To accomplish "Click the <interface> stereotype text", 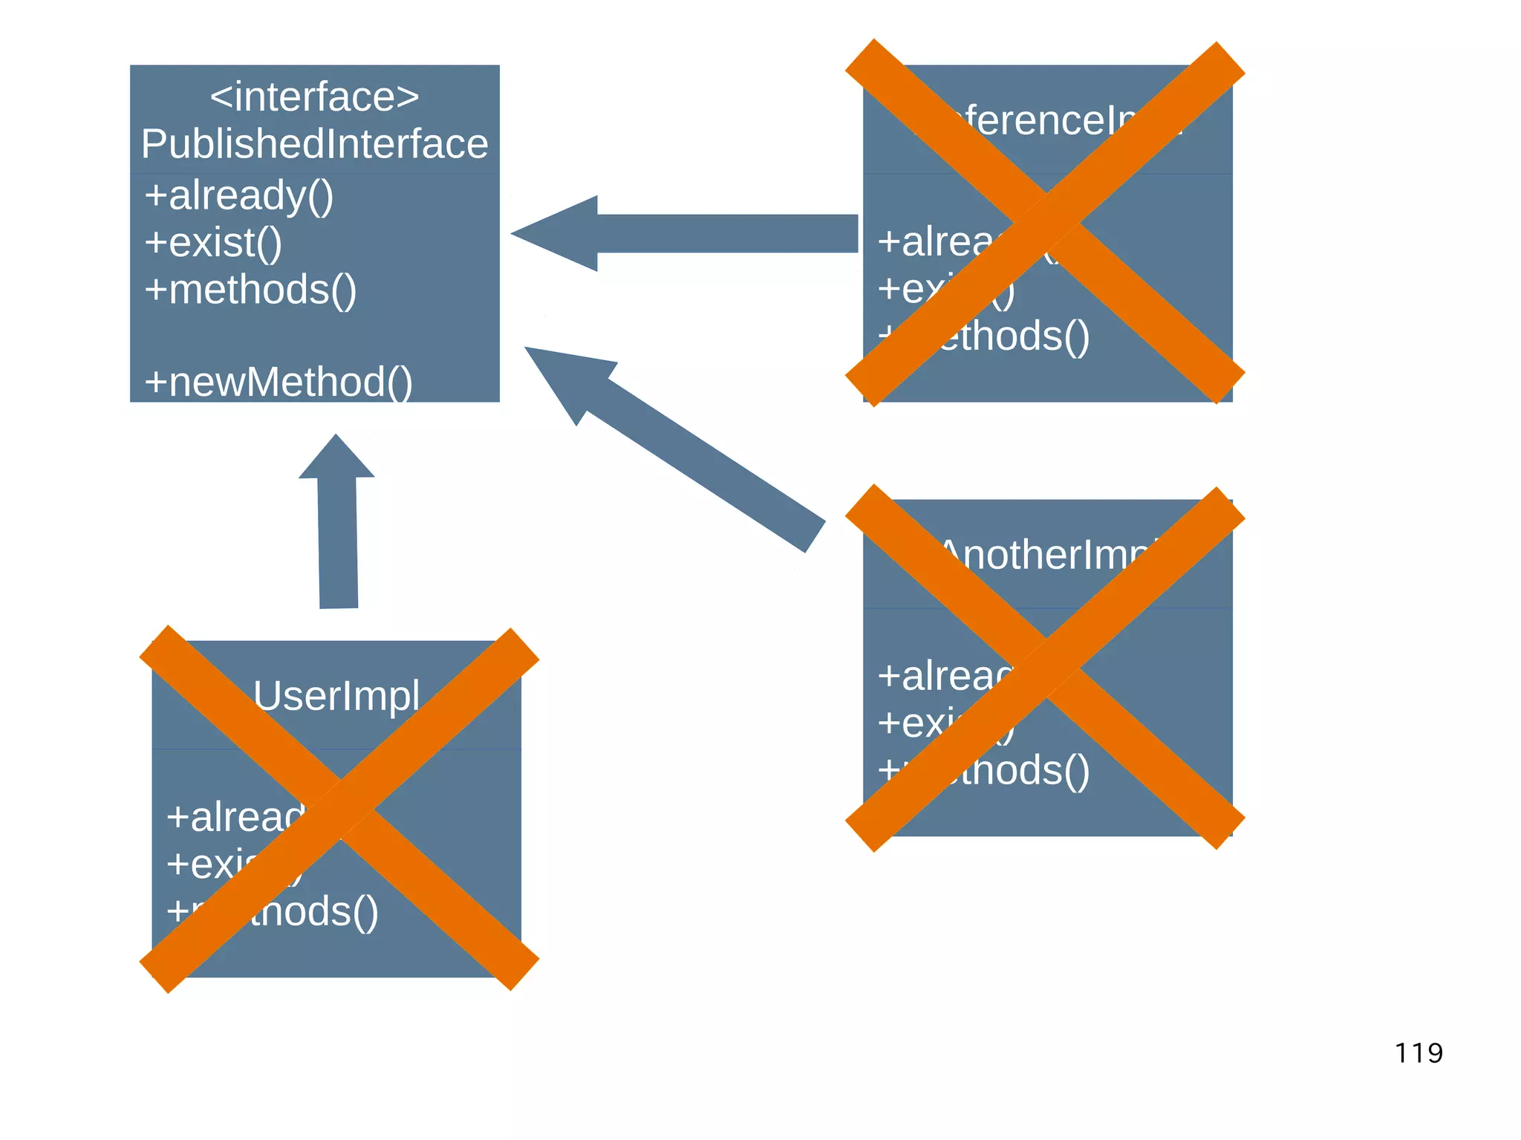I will tap(314, 97).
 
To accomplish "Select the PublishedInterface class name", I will tap(314, 143).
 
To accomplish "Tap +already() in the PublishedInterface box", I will tap(238, 195).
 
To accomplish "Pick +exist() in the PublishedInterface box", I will tap(213, 243).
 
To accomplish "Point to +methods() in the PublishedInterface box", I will tap(250, 290).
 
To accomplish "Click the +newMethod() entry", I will tap(278, 382).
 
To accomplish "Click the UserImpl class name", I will tap(336, 696).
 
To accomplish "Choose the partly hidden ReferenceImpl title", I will tap(1047, 120).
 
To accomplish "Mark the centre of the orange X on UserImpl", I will tap(339, 810).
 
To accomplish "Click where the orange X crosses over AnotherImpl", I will tap(1046, 668).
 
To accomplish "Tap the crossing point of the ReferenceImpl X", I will tap(1046, 223).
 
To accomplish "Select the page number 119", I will tap(1419, 1053).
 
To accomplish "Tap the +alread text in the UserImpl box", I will tap(235, 818).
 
